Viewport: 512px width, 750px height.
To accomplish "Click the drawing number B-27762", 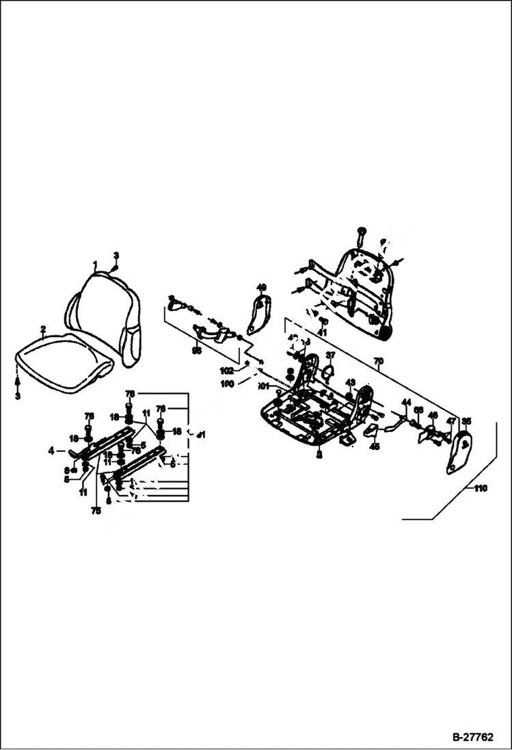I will point(472,738).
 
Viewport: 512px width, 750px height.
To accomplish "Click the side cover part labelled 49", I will point(258,315).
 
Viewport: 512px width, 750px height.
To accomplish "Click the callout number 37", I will point(330,355).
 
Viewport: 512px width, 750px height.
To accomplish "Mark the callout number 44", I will point(406,402).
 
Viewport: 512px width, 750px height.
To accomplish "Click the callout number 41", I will point(322,332).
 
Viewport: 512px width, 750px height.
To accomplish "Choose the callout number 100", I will point(227,384).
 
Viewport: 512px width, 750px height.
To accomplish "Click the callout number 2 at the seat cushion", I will point(42,330).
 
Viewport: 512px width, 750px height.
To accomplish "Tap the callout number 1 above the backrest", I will point(95,264).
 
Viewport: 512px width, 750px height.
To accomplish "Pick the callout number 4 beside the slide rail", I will point(51,451).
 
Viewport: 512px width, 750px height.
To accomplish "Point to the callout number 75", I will point(96,510).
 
